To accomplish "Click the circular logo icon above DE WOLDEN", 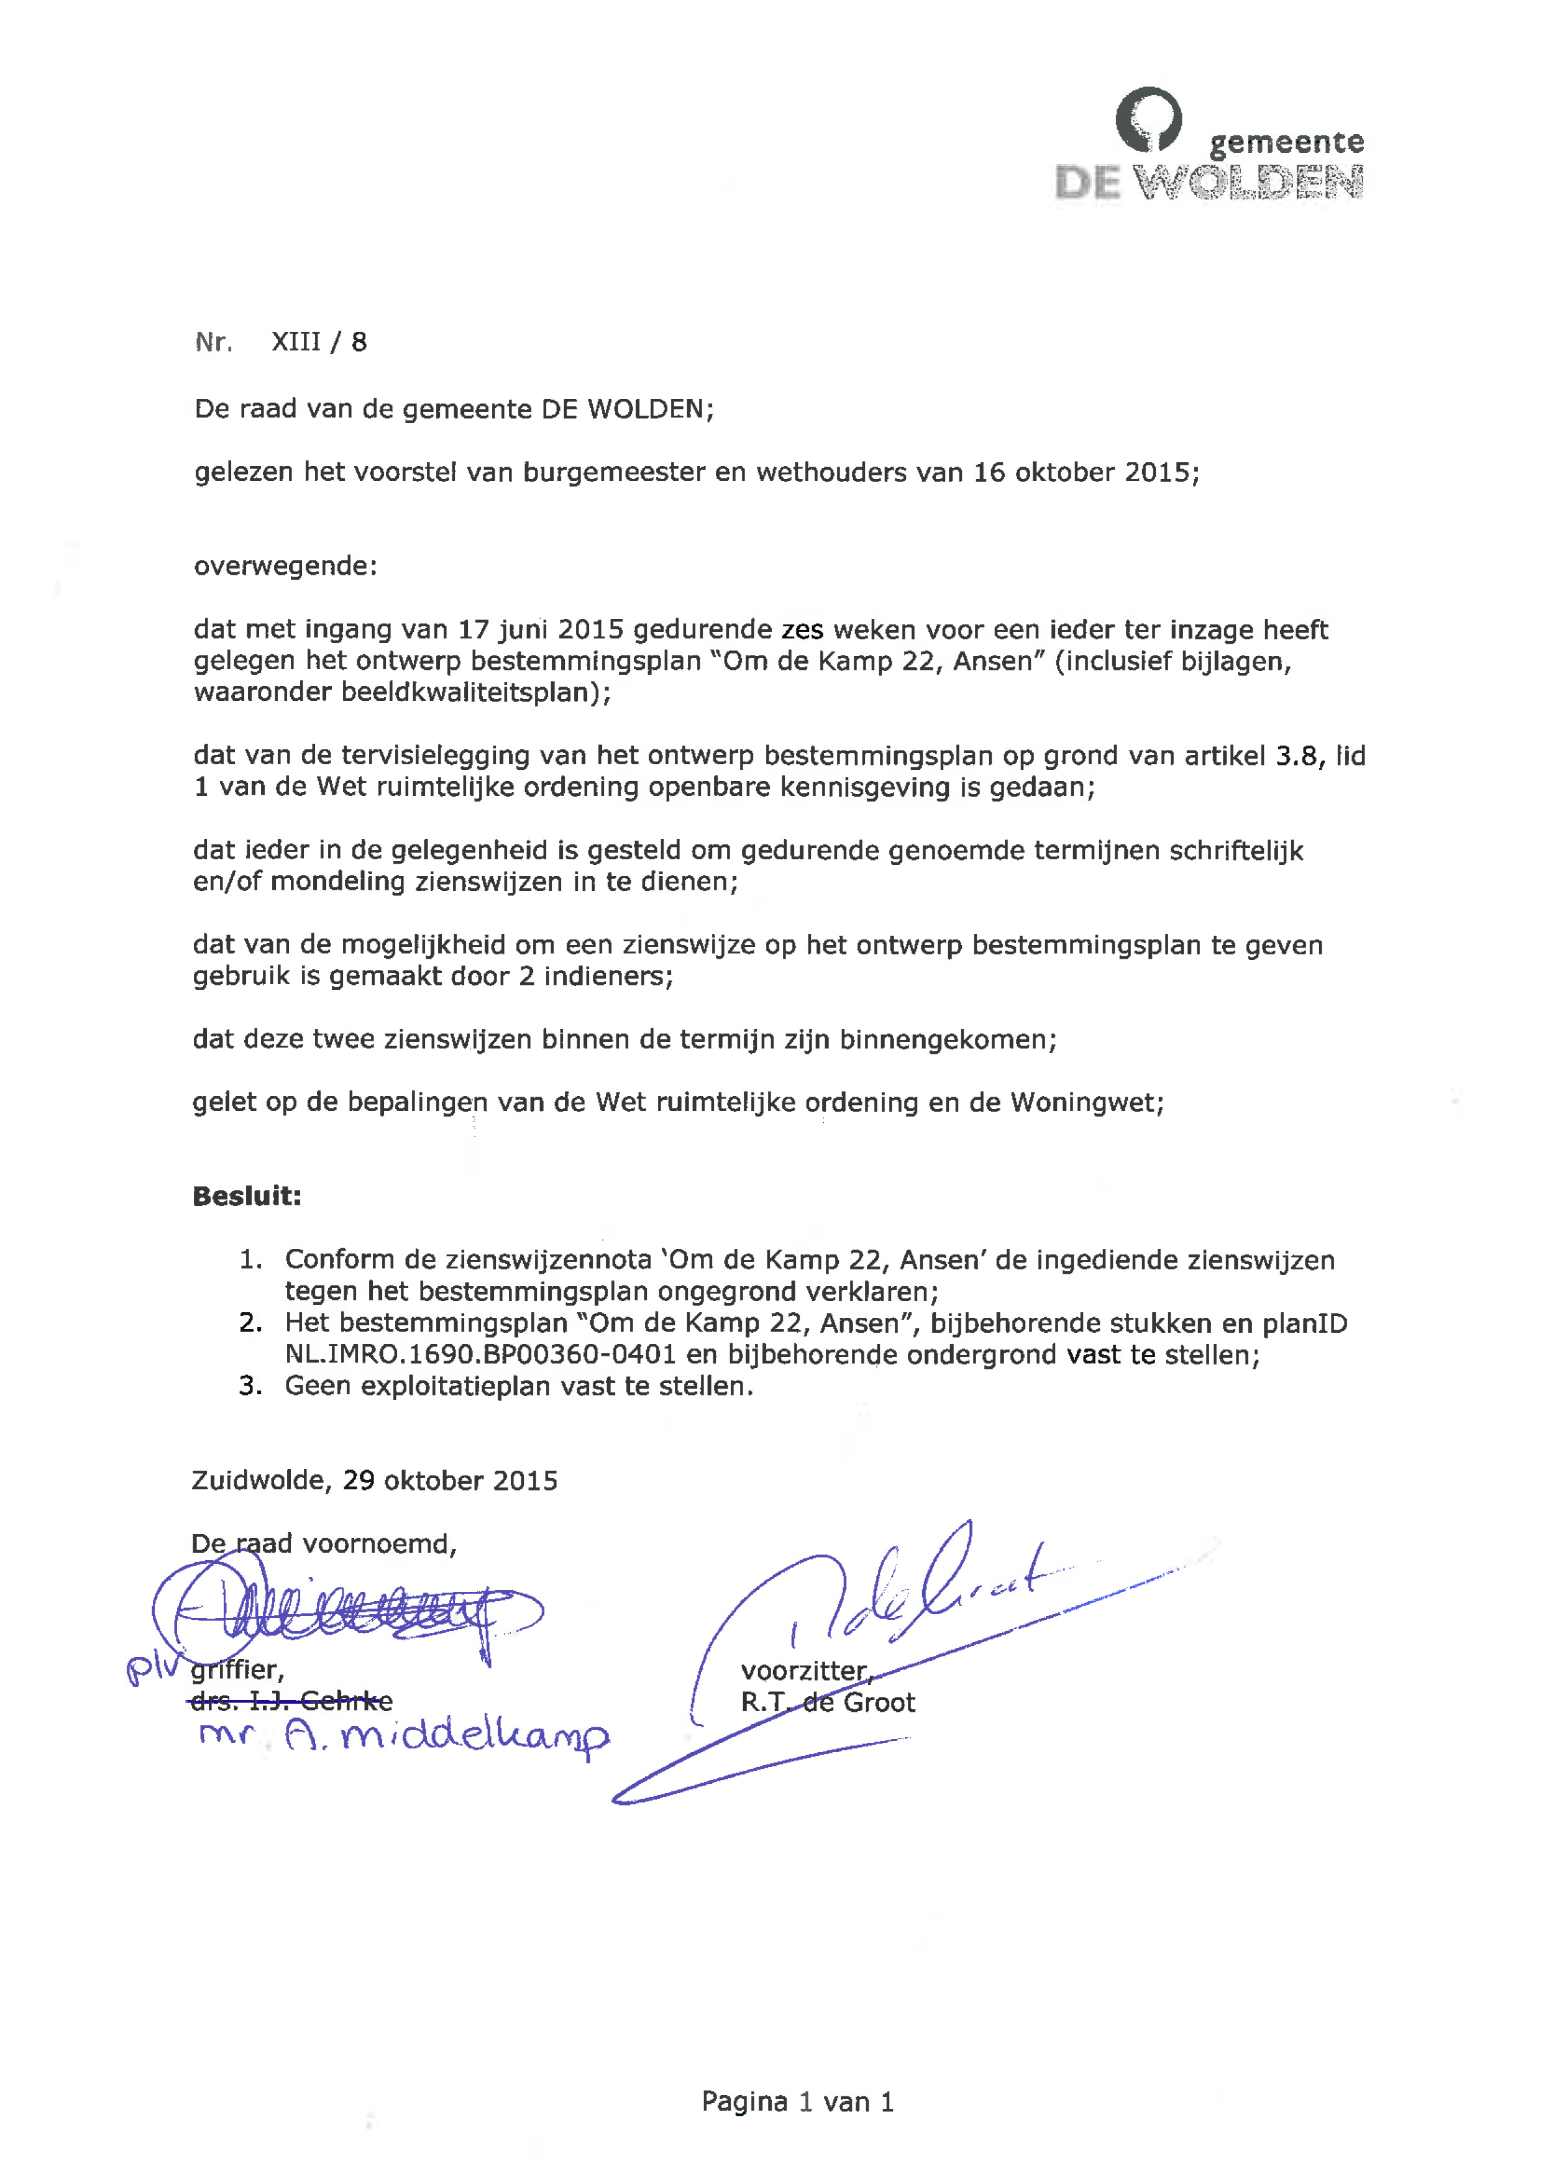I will [x=1148, y=119].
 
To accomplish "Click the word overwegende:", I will [x=285, y=567].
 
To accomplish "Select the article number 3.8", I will [x=1295, y=756].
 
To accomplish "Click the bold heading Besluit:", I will [x=247, y=1196].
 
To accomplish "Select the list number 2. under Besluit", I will [x=250, y=1323].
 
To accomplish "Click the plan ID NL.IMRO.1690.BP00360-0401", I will [x=480, y=1354].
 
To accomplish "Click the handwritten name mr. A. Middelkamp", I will [x=403, y=1736].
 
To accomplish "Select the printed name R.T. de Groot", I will [x=828, y=1702].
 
